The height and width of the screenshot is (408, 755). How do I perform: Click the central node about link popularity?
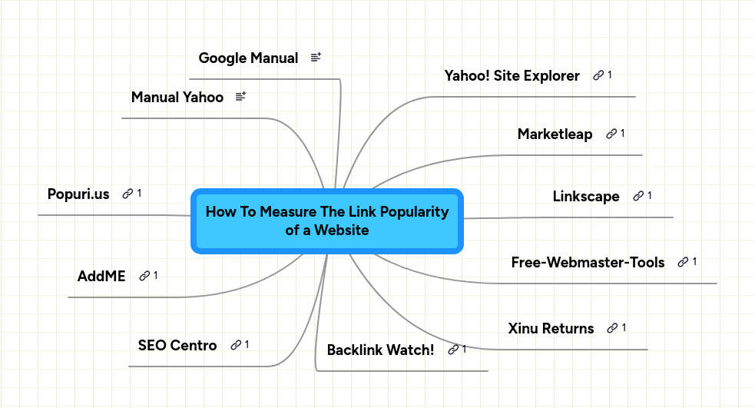tap(326, 221)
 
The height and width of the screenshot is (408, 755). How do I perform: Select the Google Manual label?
tap(248, 58)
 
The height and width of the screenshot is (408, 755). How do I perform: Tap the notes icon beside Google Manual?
tap(316, 58)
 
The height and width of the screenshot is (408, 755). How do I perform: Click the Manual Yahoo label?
tap(177, 97)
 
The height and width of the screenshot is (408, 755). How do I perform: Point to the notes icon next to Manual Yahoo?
tap(240, 97)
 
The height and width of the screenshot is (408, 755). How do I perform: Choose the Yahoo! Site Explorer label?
tap(512, 75)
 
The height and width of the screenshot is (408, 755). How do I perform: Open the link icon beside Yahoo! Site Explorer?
tap(598, 75)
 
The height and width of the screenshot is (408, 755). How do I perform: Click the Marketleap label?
tap(555, 134)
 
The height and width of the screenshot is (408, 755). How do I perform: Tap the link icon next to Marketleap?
tap(611, 134)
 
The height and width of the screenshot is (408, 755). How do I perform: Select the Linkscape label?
tap(585, 196)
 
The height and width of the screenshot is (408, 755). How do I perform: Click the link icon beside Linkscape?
tap(638, 196)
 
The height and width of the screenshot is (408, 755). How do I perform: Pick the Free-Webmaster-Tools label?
tap(588, 262)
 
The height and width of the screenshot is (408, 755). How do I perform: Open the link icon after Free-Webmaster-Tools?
tap(683, 262)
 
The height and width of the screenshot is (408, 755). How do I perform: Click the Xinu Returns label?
tap(551, 328)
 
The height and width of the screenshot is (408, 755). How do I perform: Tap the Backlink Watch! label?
tap(380, 350)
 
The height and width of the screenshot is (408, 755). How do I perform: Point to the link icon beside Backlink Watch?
tap(453, 350)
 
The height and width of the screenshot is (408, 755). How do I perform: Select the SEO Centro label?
tap(177, 345)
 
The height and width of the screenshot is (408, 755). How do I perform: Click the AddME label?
tap(101, 276)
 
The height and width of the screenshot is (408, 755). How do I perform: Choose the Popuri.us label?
tap(78, 193)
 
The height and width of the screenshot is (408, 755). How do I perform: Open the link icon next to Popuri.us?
tap(127, 194)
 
